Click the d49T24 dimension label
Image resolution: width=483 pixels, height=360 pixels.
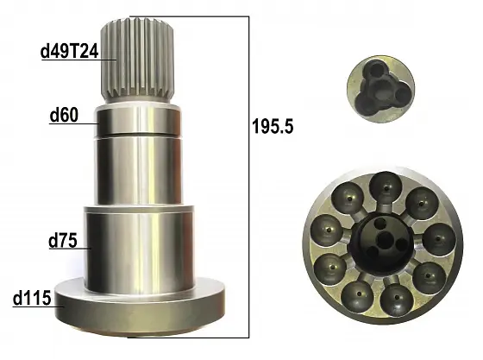pos(69,51)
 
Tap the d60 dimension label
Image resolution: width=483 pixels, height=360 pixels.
pos(64,116)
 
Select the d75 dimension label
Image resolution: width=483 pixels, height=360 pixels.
pos(63,241)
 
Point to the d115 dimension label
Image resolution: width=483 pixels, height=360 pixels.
pos(32,299)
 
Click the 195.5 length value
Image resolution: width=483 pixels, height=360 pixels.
pos(273,126)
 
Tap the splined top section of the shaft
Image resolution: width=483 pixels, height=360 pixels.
pos(138,60)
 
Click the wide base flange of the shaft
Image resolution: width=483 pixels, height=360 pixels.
pos(139,305)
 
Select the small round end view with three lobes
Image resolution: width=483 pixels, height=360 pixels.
pos(380,90)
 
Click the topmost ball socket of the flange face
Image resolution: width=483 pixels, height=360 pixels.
pos(386,187)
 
